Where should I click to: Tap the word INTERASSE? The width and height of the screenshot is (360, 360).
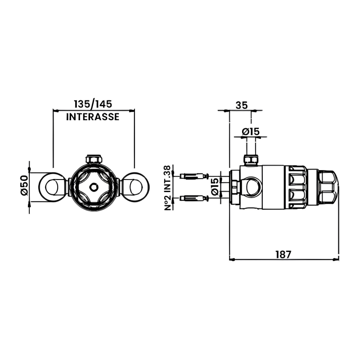93,117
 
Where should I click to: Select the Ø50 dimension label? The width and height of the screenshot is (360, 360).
24,185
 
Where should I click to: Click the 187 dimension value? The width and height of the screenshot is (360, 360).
283,254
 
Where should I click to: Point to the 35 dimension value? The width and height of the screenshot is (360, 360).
241,105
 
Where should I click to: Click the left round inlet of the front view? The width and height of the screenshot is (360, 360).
53,186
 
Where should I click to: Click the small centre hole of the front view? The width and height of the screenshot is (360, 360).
94,186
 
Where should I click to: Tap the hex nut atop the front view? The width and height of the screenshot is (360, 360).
94,159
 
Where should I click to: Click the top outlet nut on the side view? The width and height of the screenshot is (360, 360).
251,160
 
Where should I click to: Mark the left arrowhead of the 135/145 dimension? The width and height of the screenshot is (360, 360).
55,110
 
